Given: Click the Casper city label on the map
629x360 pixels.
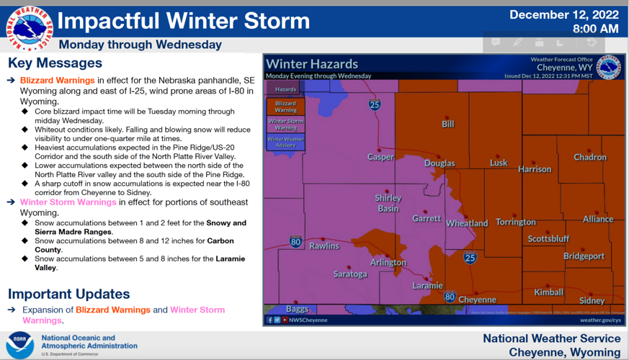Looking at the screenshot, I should (381, 157).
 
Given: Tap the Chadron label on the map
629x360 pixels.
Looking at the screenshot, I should (589, 157).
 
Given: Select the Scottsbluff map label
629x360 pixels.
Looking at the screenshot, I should (548, 238).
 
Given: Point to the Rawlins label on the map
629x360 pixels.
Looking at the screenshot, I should (324, 246).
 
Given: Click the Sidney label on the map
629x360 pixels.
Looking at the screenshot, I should (592, 300).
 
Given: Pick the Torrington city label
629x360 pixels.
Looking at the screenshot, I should (516, 222).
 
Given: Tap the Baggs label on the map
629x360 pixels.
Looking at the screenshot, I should (297, 309).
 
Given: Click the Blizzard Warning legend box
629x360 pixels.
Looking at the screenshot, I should (285, 107).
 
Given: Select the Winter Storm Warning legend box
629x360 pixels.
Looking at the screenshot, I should (285, 124).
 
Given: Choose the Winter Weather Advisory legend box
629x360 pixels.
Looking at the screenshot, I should (285, 142).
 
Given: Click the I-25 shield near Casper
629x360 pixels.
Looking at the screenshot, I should (375, 105).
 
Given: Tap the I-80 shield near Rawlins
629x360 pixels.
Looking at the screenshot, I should (296, 242).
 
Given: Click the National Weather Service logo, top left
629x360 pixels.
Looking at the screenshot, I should (30, 28).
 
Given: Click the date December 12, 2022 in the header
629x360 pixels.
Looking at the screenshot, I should (564, 14).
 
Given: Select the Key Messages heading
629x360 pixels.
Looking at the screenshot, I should (55, 63).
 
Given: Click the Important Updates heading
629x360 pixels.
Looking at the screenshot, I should (69, 294).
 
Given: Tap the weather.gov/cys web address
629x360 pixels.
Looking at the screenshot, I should (599, 320).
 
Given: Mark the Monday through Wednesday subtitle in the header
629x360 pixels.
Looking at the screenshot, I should (140, 45).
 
